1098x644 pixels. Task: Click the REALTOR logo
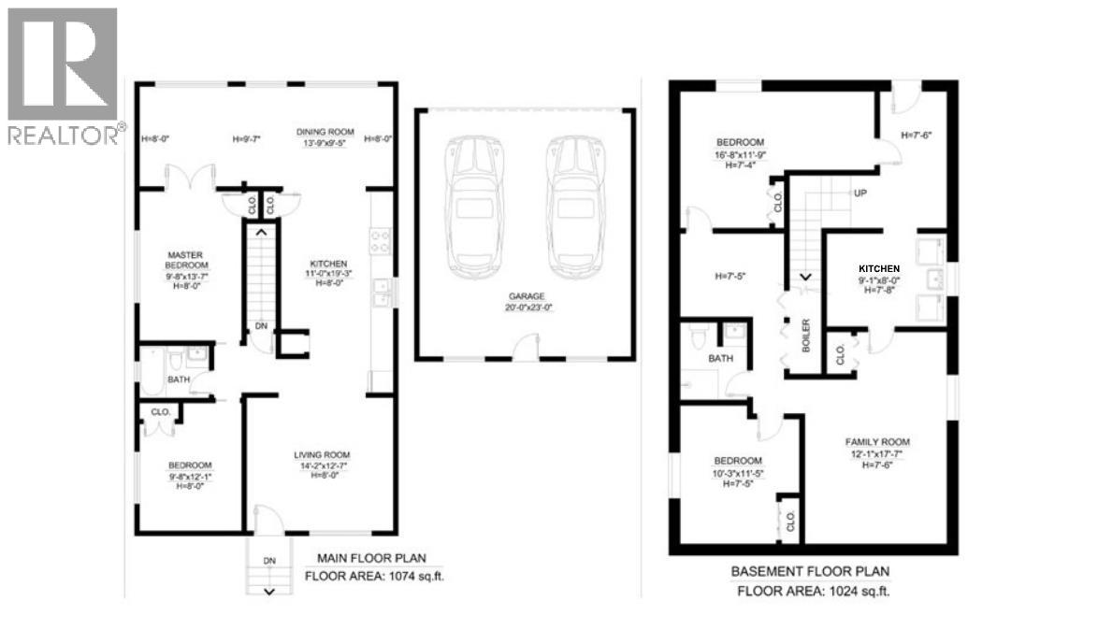63,76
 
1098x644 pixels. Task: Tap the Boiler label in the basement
805,336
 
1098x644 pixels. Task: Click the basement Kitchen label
878,268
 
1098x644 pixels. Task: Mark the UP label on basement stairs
858,193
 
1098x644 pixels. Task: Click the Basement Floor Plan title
809,571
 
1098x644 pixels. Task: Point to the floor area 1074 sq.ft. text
374,576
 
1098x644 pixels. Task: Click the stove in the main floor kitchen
381,241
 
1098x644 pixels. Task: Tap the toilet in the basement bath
698,334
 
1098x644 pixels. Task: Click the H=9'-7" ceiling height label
247,139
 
